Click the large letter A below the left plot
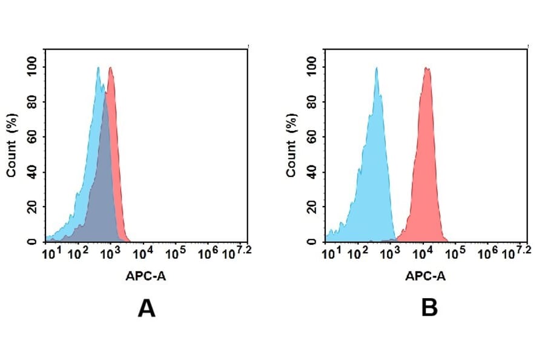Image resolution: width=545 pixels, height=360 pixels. [147, 309]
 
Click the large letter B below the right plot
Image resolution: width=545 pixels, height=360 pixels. [429, 309]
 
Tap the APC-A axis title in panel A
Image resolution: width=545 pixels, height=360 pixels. [146, 277]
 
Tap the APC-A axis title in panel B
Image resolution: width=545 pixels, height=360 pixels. [426, 277]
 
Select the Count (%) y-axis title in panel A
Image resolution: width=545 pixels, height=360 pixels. [12, 146]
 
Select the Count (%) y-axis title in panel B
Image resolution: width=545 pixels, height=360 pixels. [291, 146]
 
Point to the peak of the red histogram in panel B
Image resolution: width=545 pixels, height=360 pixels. [427, 68]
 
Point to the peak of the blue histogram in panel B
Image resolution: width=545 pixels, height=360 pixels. [376, 68]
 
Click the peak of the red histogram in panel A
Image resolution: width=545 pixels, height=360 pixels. [110, 68]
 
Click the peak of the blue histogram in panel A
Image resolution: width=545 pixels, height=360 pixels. [98, 68]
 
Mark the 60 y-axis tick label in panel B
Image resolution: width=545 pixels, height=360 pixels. [312, 136]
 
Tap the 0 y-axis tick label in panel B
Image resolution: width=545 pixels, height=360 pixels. [312, 242]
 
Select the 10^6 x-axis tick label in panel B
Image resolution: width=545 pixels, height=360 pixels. [487, 253]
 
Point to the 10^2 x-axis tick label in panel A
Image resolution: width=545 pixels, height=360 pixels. [77, 253]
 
